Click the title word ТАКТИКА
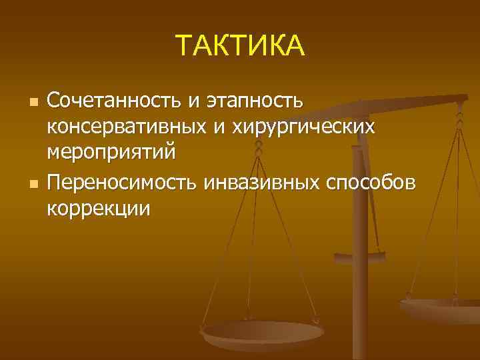point(240,46)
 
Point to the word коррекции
point(99,207)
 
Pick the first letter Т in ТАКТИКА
point(185,46)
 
